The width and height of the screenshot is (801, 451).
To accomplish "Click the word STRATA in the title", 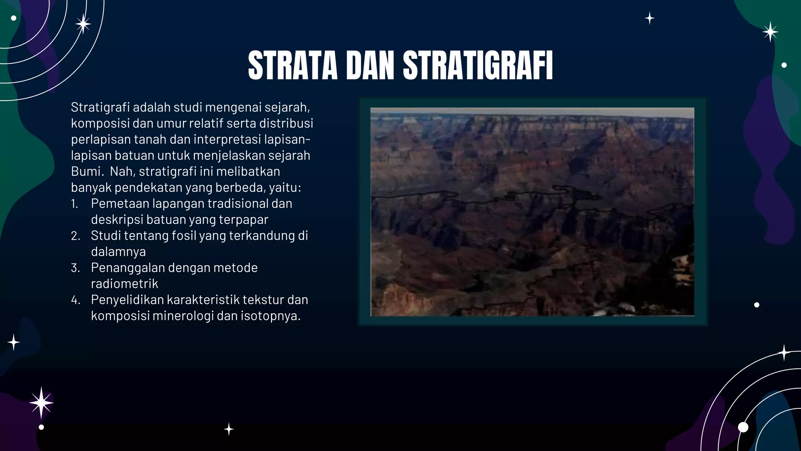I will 293,65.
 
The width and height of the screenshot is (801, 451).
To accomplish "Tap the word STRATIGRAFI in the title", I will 478,65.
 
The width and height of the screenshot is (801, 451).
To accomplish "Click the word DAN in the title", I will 370,65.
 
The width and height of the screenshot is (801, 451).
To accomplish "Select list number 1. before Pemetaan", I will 75,204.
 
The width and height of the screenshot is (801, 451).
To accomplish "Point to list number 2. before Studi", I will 75,236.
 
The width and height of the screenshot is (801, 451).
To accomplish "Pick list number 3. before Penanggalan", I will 75,268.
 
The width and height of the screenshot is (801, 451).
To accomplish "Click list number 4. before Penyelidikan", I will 75,300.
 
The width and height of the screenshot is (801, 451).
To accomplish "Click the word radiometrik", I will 124,284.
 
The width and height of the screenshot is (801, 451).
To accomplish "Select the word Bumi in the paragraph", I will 86,171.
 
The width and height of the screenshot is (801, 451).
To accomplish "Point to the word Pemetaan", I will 120,204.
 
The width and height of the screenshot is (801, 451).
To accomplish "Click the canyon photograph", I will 532,211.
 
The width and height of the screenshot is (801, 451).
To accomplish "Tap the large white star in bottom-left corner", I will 41,403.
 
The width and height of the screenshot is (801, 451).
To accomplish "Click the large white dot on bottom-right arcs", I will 743,427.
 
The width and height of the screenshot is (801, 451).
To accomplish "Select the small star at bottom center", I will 229,429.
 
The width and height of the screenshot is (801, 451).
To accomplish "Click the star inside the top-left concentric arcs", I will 83,24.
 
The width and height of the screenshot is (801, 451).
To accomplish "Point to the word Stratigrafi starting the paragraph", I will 101,107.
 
